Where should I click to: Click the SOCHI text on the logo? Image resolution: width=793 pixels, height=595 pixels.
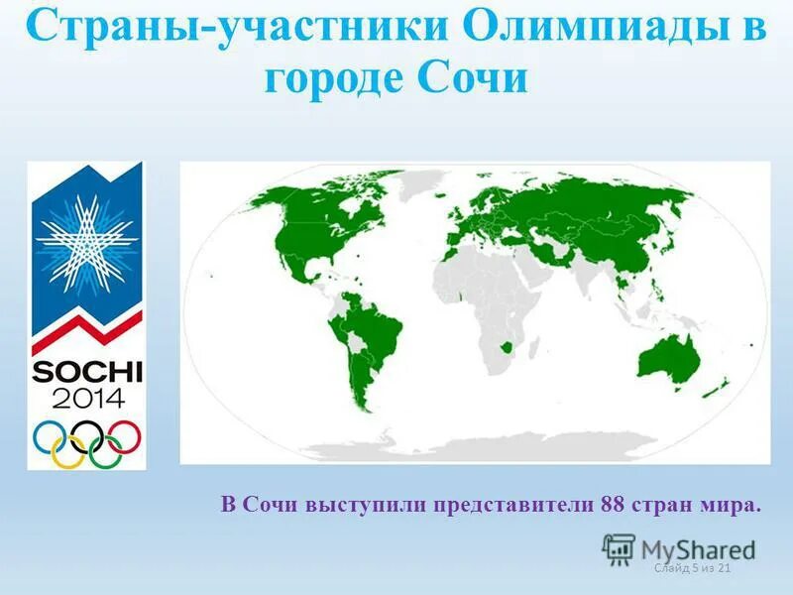[x=88, y=372]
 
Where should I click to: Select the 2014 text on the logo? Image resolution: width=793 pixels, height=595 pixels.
[x=88, y=399]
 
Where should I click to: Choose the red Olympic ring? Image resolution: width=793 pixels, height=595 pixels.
[x=125, y=434]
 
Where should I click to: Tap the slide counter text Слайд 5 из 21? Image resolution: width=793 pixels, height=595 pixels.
[x=693, y=567]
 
